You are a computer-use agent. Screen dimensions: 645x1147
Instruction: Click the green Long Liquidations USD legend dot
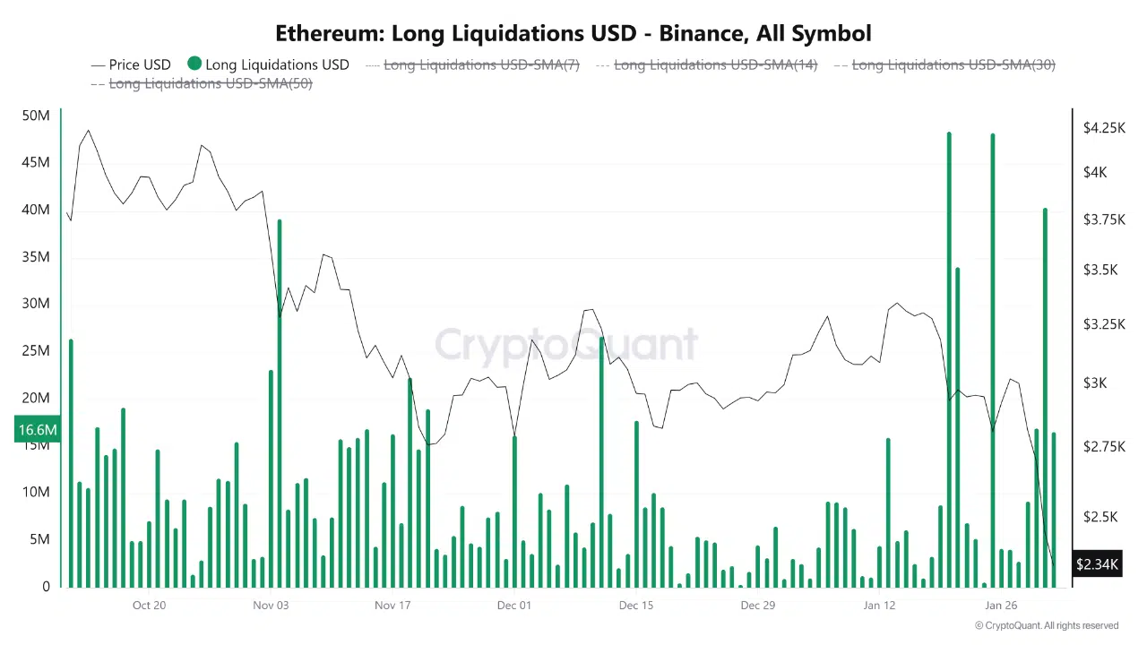194,64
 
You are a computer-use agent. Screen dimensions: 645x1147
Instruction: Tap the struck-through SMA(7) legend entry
481,64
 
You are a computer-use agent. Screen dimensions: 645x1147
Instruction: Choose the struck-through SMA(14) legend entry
715,64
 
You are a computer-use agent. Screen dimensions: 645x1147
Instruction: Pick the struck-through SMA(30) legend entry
953,64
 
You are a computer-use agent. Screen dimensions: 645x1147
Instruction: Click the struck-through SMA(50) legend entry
210,83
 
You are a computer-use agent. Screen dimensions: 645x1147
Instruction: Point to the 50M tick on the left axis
36,116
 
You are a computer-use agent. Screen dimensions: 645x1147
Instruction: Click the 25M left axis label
36,350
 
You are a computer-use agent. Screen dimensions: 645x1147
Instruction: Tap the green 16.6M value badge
38,430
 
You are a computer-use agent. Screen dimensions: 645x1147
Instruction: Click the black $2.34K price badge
1097,564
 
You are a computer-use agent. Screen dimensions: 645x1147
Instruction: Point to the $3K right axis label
1095,383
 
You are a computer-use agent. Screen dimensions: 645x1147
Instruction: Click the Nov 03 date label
271,605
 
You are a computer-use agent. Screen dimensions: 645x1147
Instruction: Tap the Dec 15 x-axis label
636,605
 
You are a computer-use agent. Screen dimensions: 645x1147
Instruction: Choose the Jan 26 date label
1001,605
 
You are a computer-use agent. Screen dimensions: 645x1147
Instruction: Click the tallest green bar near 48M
949,358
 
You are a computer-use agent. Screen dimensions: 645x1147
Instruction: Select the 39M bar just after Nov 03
280,403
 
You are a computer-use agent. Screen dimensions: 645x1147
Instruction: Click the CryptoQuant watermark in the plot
566,345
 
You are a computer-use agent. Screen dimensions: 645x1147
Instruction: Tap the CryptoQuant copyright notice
1047,625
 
